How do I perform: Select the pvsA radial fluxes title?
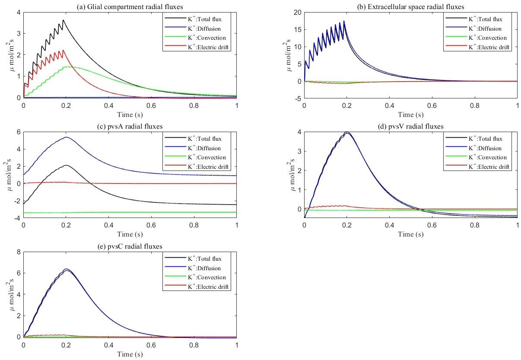(130, 126)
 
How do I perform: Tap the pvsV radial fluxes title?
(411, 126)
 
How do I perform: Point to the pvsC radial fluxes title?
(130, 246)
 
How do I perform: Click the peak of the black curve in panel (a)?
(64, 20)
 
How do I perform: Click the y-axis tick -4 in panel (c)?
(18, 218)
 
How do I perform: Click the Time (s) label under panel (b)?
(411, 115)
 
